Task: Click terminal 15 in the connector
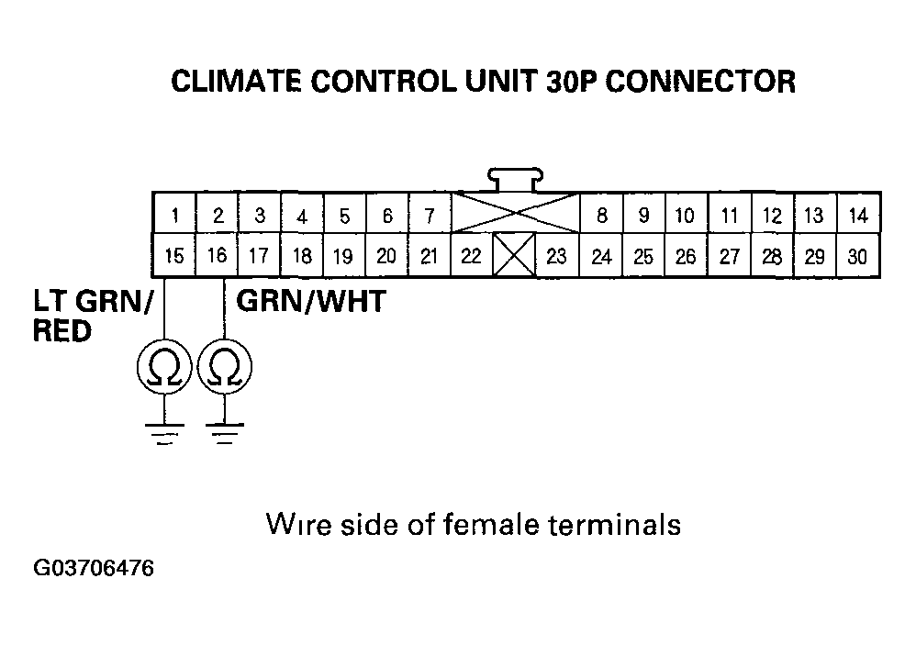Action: tap(173, 256)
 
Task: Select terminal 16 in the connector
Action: tap(217, 256)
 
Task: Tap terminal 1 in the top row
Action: tap(174, 217)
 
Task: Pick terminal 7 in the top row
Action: tap(429, 217)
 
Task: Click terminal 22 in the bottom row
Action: tap(471, 256)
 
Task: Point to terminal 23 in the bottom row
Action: tap(556, 256)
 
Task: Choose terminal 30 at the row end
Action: tap(856, 256)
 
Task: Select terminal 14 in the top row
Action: tap(857, 217)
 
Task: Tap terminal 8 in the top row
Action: tap(601, 217)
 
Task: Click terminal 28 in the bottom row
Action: tap(772, 256)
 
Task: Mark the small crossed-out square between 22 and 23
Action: tap(513, 256)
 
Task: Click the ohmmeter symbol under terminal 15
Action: tap(163, 369)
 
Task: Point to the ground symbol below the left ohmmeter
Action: tap(163, 431)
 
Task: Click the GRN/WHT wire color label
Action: tap(310, 302)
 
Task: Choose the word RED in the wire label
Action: tap(62, 331)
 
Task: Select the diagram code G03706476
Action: tap(94, 570)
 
